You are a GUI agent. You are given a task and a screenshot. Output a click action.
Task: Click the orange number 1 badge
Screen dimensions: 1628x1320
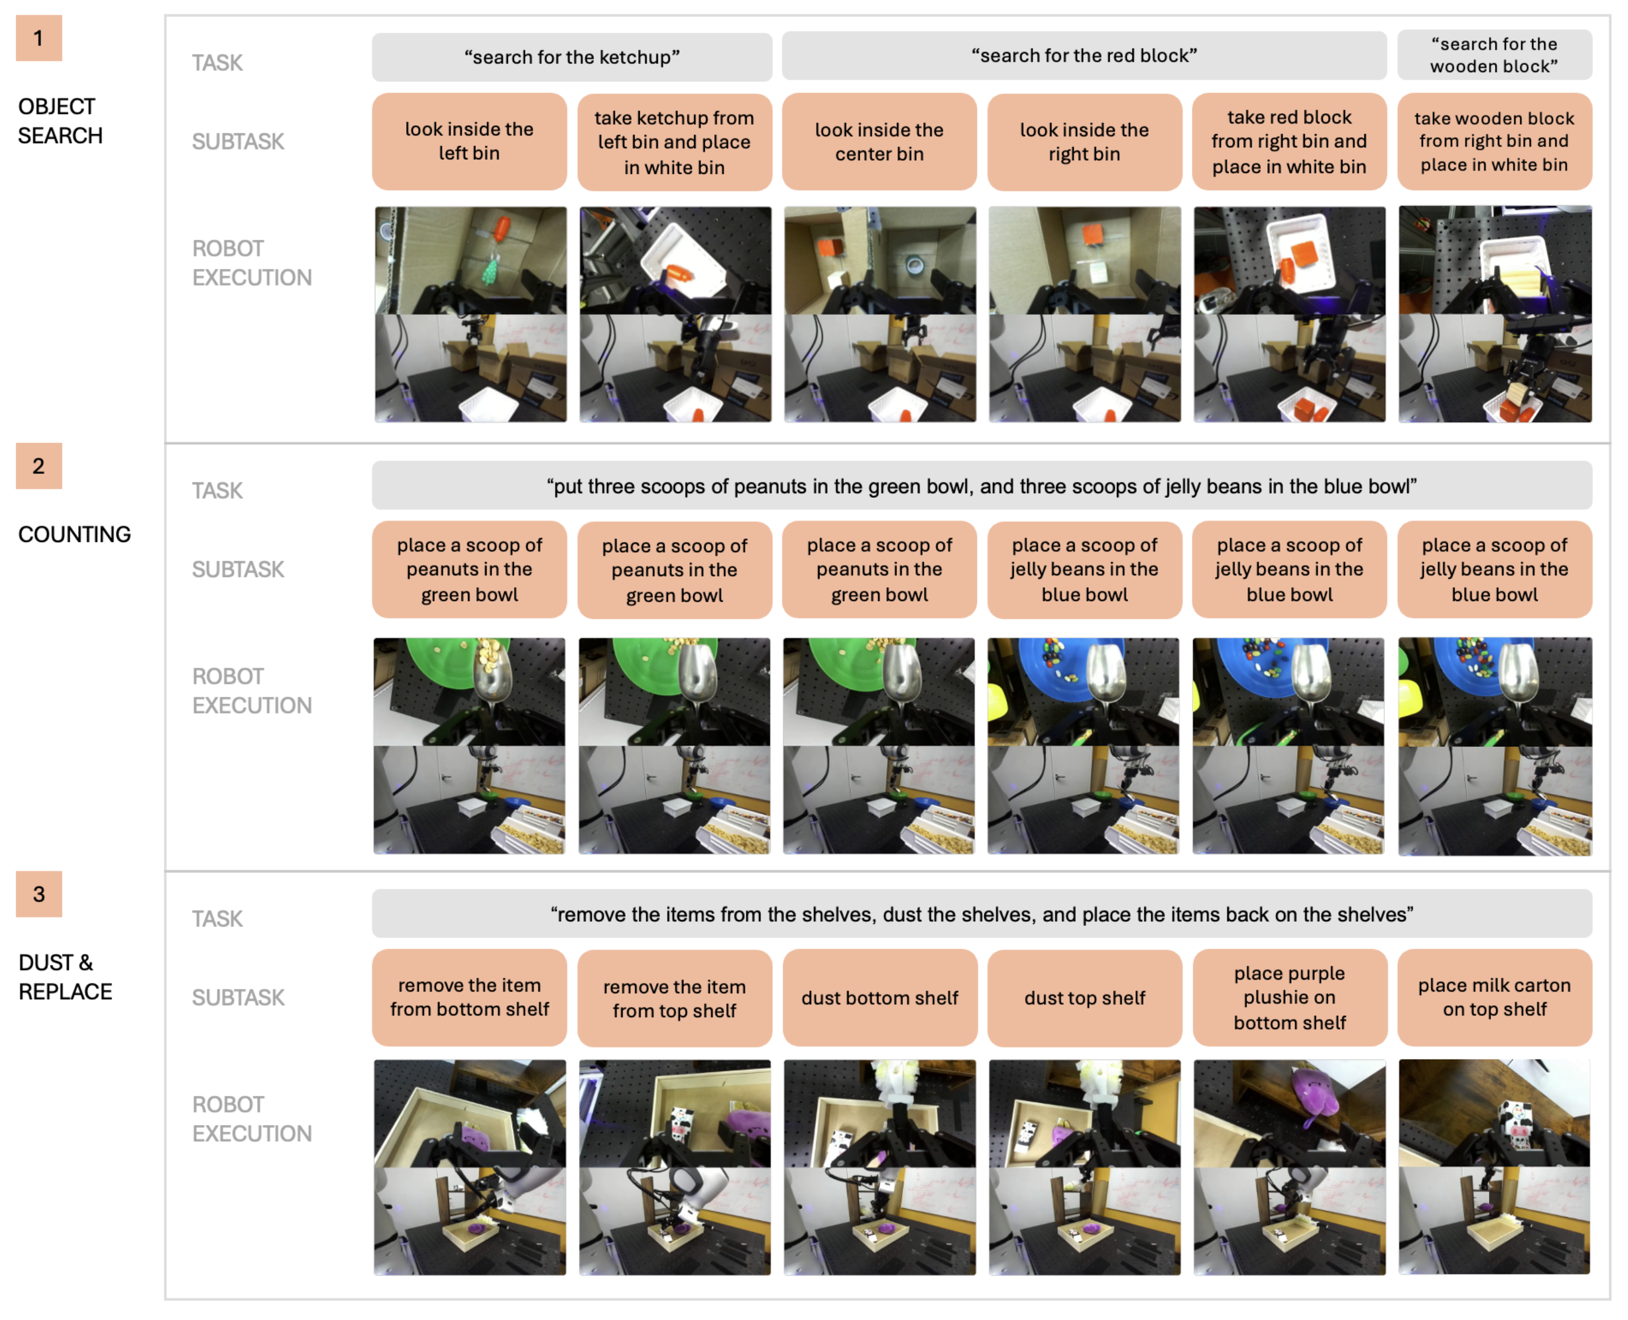click(x=39, y=38)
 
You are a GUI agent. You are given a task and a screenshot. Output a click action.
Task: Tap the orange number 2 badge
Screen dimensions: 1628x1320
click(x=39, y=466)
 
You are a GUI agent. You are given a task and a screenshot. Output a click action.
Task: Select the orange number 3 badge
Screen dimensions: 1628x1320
click(x=39, y=894)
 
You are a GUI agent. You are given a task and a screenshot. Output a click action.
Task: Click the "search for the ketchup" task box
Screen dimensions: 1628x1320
click(x=572, y=57)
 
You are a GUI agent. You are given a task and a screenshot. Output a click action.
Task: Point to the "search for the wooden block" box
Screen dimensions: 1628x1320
click(x=1494, y=55)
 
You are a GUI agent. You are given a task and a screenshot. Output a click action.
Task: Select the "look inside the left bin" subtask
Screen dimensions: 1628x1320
click(x=469, y=141)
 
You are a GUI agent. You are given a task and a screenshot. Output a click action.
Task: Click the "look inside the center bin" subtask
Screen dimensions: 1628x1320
click(x=879, y=141)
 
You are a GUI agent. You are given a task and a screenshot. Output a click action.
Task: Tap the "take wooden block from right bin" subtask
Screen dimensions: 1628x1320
click(x=1494, y=141)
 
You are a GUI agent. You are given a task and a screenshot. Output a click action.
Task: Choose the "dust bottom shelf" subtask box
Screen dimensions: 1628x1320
click(x=880, y=997)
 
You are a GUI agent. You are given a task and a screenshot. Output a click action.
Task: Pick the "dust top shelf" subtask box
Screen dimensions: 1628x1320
click(x=1084, y=997)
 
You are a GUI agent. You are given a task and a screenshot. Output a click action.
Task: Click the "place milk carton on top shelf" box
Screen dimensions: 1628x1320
click(x=1494, y=997)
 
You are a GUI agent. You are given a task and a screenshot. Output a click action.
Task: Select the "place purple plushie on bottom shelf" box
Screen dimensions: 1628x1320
click(x=1290, y=997)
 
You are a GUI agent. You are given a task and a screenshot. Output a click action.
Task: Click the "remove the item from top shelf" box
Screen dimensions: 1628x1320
click(x=674, y=997)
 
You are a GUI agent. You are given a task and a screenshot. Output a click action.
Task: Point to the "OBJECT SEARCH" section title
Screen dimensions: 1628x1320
click(x=60, y=121)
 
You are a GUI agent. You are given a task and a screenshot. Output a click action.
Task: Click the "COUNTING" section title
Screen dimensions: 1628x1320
click(x=75, y=535)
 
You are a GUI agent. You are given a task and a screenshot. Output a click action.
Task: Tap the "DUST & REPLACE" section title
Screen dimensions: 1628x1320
click(x=66, y=977)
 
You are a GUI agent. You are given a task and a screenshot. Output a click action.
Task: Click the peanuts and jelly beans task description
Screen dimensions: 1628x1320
click(x=982, y=486)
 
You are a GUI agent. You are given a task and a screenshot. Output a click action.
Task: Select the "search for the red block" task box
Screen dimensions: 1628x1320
click(x=1084, y=55)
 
